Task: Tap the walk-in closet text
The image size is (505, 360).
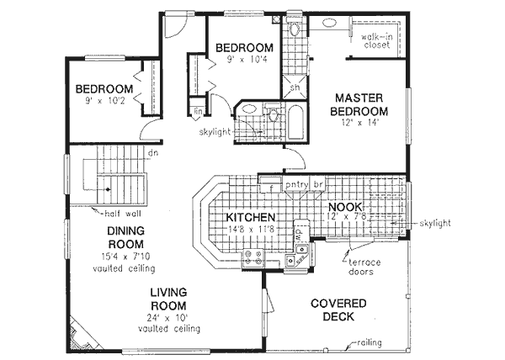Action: pos(376,41)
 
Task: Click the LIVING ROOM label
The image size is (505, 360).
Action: pos(169,299)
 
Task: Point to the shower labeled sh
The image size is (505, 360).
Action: pos(295,87)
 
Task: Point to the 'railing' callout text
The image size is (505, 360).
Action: pos(372,342)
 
